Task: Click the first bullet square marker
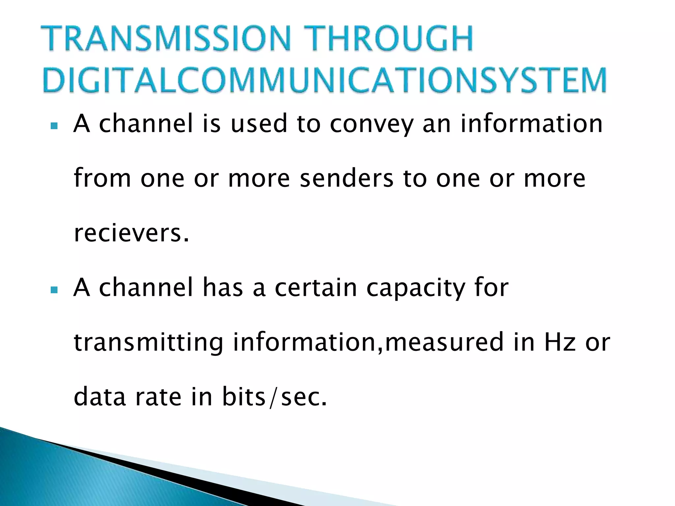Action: (54, 126)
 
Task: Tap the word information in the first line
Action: (531, 124)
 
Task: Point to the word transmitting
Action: (149, 343)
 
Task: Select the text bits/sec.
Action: (274, 397)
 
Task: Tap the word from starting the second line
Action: (102, 178)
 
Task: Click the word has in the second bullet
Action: (222, 288)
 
